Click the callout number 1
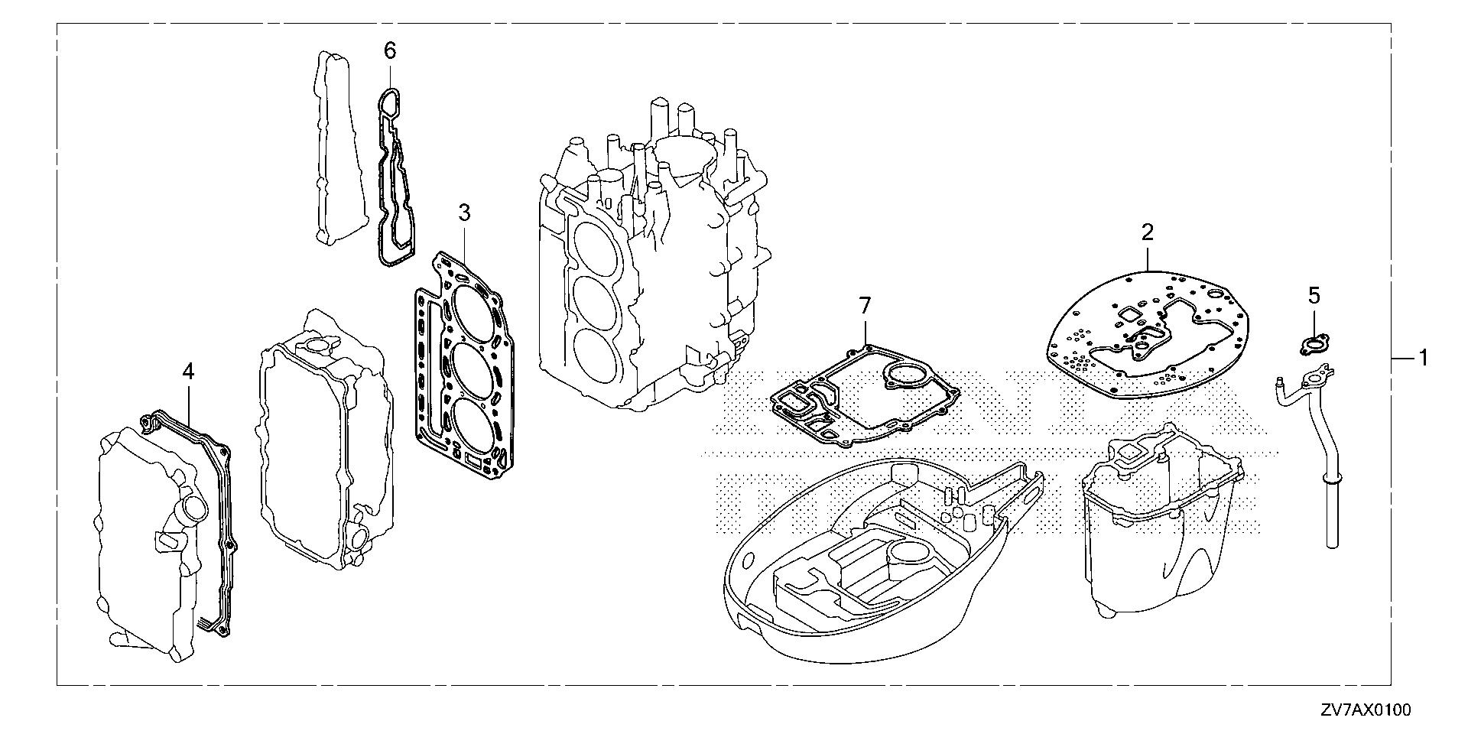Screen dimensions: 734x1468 pyautogui.click(x=1423, y=357)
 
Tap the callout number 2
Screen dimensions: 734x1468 pyautogui.click(x=1148, y=232)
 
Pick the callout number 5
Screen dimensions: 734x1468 pyautogui.click(x=1314, y=294)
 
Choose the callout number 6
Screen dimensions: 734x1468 pyautogui.click(x=390, y=51)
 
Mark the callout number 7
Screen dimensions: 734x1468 pyautogui.click(x=864, y=307)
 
